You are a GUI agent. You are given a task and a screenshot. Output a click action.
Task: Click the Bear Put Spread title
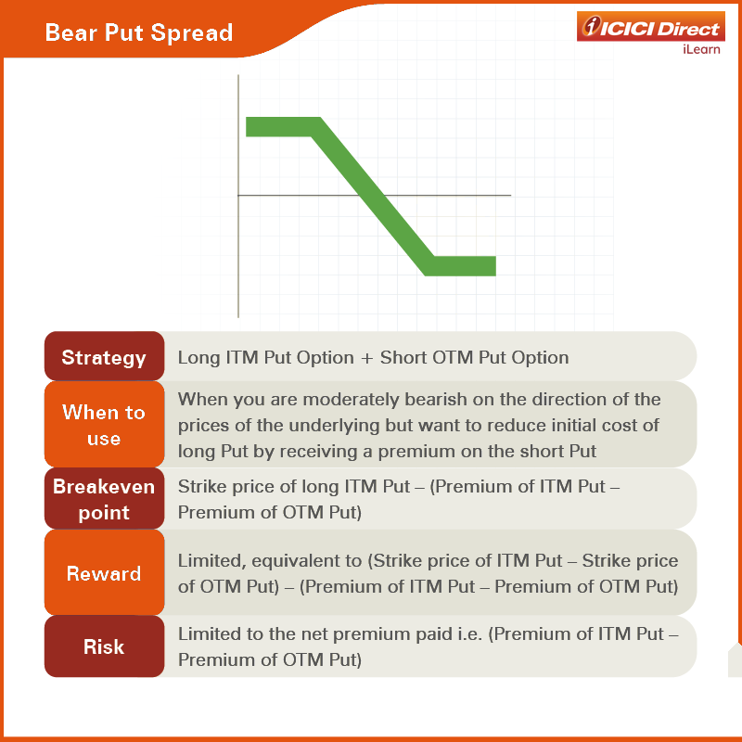tap(138, 33)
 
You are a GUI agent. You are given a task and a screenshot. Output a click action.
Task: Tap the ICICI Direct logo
tap(651, 27)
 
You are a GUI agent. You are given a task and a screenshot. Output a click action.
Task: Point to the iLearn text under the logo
tap(701, 49)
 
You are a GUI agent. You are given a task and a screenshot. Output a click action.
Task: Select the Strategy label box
tap(104, 356)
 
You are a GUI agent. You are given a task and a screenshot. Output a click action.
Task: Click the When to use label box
tap(104, 425)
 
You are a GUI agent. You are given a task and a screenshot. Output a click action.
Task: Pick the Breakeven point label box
tap(104, 498)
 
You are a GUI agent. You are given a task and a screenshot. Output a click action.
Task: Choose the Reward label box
tap(104, 572)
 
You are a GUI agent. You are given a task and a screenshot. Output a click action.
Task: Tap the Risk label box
tap(104, 646)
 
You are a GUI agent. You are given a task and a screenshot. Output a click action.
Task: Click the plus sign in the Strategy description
tap(366, 358)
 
